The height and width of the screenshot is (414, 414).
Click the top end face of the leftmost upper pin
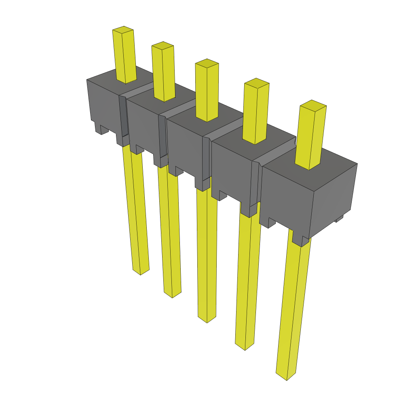click(x=123, y=30)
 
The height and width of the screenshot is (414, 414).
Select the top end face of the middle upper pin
click(x=207, y=63)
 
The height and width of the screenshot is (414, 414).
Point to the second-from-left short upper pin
click(x=164, y=73)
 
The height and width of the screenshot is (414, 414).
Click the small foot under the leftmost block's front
click(x=101, y=129)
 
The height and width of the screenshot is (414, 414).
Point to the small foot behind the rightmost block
click(x=339, y=219)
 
